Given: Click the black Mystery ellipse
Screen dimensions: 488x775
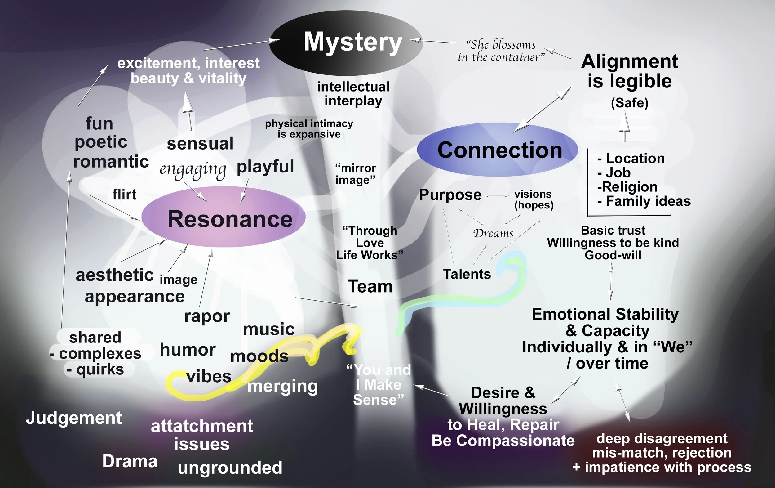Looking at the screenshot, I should coord(346,43).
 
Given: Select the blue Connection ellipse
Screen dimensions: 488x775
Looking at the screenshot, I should coord(498,150).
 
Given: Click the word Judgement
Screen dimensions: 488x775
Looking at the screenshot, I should coord(74,418).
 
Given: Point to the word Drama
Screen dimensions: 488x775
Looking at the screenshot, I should coord(130,461).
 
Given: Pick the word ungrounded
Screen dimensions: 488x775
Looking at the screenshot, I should coord(230,468).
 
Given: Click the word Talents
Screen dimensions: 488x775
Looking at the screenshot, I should coord(467,274).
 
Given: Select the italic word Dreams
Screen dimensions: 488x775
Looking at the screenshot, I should coord(493,233).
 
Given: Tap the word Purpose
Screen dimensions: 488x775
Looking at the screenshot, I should coord(450,195).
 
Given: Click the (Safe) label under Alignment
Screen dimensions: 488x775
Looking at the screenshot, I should coord(630,103).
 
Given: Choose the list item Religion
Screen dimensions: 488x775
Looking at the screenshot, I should coord(628,187).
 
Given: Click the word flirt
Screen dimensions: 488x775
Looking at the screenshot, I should coord(124,195).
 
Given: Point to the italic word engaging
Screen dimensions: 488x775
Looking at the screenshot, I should coord(193,169).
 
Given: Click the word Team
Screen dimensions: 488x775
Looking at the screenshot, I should coord(370,286).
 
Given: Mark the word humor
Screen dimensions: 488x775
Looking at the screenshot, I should coord(188,350).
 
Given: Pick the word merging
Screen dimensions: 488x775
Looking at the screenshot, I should coord(283,387).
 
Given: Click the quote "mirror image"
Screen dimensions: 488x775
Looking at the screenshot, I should coord(355,174).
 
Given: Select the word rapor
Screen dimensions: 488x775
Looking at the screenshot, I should coord(207,316).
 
